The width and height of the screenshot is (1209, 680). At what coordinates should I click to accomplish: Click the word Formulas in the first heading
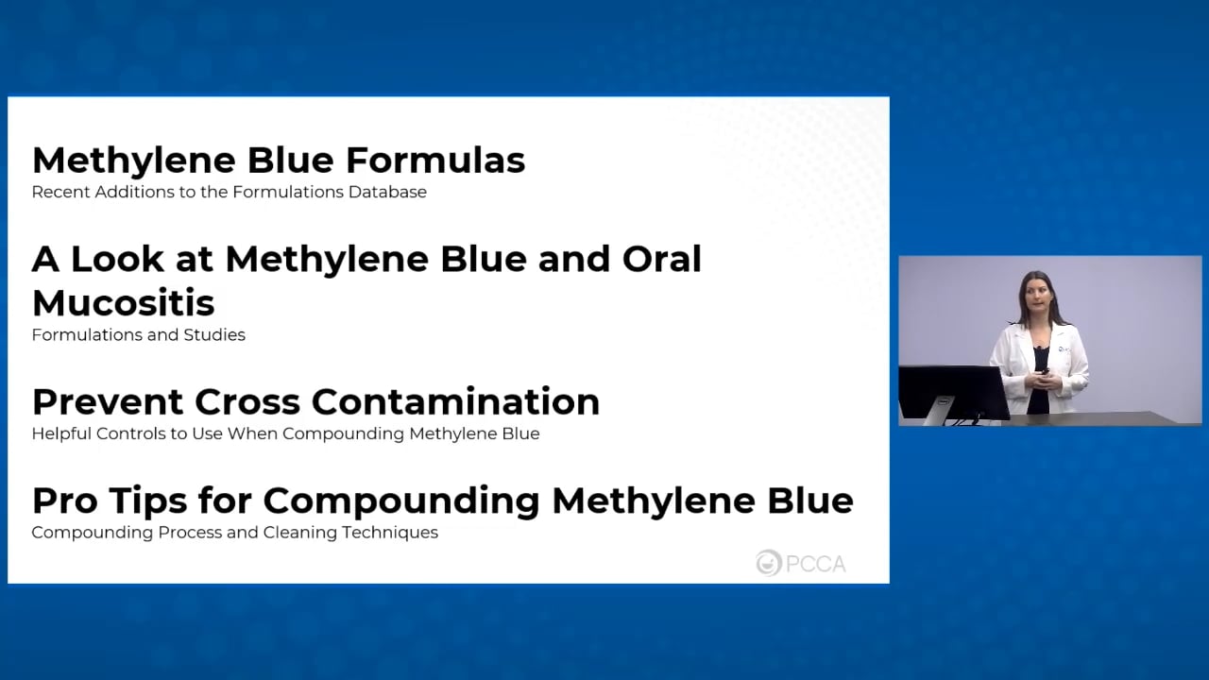coord(435,161)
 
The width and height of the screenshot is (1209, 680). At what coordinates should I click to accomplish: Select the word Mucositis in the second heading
coord(123,303)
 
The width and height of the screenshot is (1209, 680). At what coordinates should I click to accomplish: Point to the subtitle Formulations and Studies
coord(138,335)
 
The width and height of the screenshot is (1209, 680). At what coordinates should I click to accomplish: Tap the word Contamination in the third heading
coord(473,402)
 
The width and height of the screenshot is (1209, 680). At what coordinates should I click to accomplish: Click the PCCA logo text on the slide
coord(815,564)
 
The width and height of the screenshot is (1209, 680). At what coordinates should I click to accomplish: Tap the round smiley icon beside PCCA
coord(769,563)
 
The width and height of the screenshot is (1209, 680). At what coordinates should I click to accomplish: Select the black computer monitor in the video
coord(952,392)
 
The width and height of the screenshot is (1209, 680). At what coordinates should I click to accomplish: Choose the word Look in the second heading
coord(122,259)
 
